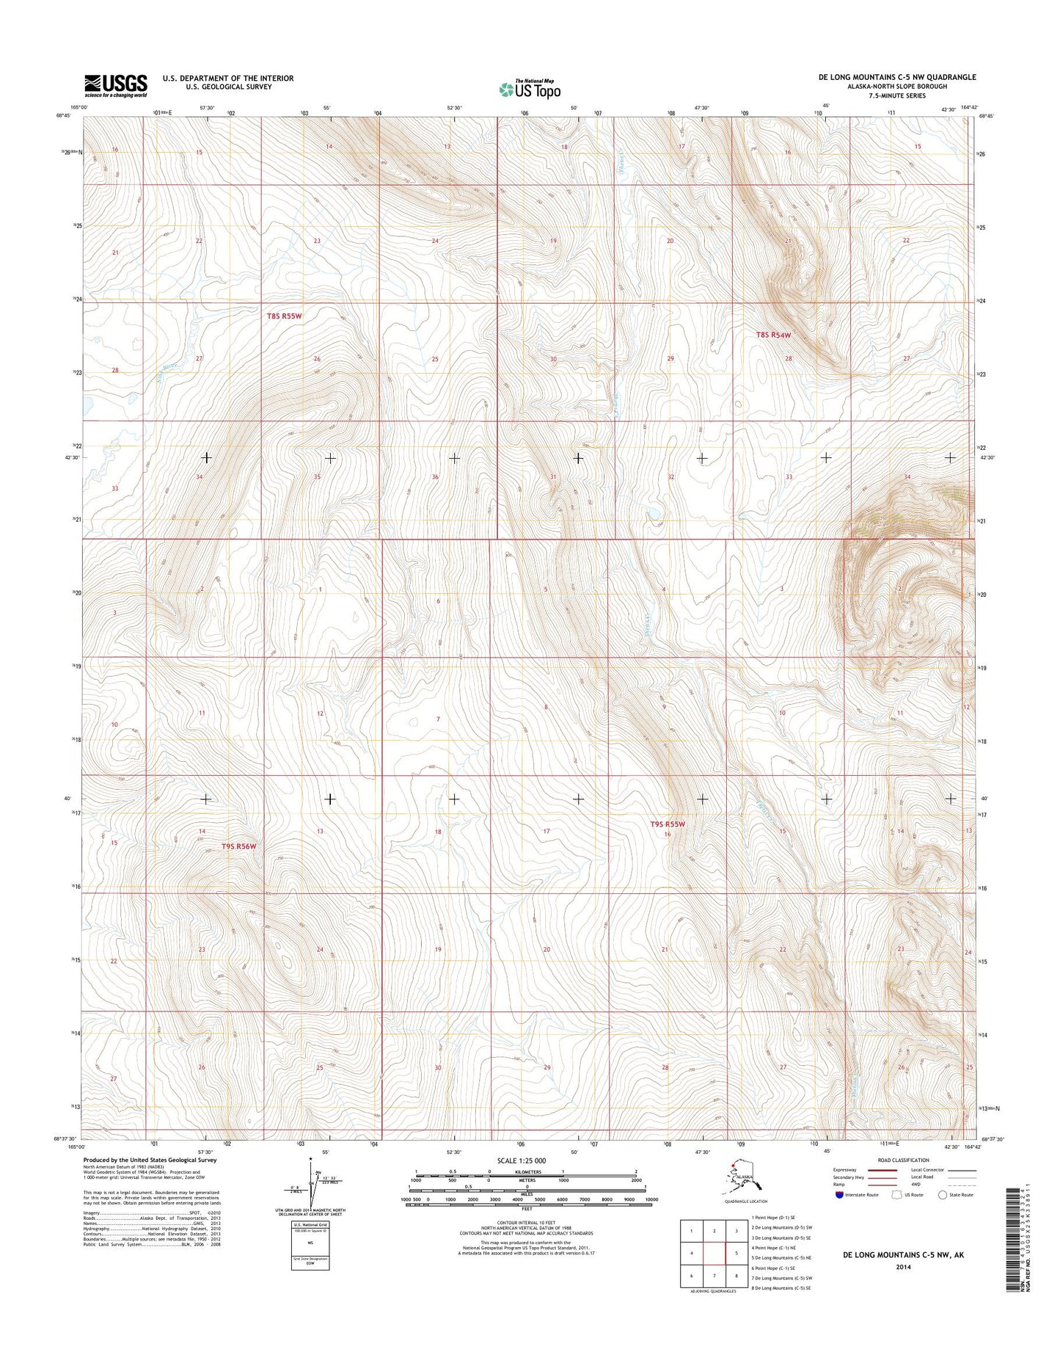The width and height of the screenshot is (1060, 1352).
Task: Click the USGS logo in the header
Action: tap(115, 85)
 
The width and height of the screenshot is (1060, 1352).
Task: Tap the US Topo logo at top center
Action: tap(530, 89)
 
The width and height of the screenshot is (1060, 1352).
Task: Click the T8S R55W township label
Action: tap(284, 316)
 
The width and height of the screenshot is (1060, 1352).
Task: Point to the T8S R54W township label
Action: tap(774, 335)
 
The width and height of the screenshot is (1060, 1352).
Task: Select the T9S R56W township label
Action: tap(239, 846)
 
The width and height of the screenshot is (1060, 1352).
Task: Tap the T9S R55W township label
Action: tap(667, 824)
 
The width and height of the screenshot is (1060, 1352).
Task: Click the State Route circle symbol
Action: tap(942, 1215)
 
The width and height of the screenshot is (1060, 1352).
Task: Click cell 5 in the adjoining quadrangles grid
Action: tap(736, 1253)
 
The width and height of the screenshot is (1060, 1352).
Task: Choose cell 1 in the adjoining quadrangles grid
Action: tap(691, 1231)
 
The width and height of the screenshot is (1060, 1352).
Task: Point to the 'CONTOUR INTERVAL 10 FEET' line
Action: tap(526, 1222)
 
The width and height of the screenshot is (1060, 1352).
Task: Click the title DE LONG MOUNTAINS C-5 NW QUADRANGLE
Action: tap(896, 77)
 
